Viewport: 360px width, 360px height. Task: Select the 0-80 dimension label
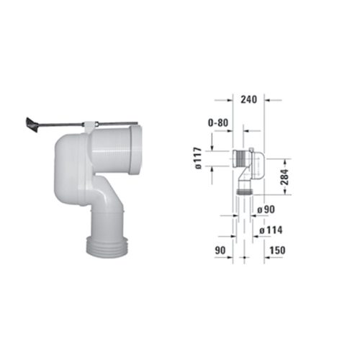(x=218, y=123)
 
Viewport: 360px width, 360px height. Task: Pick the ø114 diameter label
(x=269, y=230)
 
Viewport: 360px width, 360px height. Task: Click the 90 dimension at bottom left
(x=221, y=250)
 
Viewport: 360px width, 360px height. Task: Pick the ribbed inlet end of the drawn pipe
(x=238, y=158)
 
